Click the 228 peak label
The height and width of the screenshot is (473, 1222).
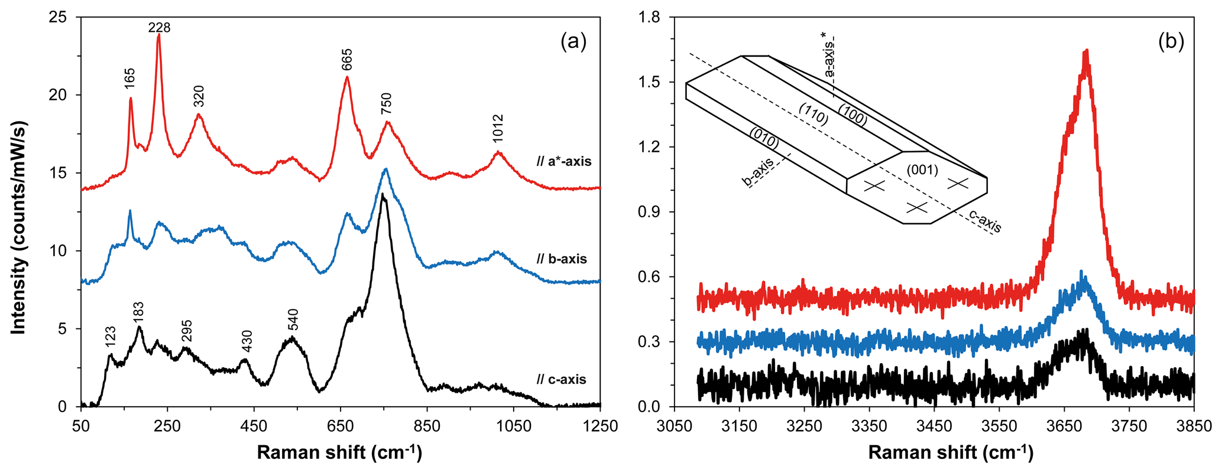[159, 27]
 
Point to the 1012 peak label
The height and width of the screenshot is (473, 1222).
[498, 129]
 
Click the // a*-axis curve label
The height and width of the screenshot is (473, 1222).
[563, 161]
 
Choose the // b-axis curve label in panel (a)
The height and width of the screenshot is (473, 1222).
[562, 259]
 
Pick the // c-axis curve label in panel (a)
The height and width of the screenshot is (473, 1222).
[562, 379]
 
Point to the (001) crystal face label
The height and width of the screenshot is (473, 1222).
[922, 170]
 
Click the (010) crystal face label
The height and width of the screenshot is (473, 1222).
[764, 139]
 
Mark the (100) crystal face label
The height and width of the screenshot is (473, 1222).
[852, 116]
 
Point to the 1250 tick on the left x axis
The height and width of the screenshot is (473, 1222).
[600, 426]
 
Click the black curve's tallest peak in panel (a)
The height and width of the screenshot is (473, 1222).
[383, 194]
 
